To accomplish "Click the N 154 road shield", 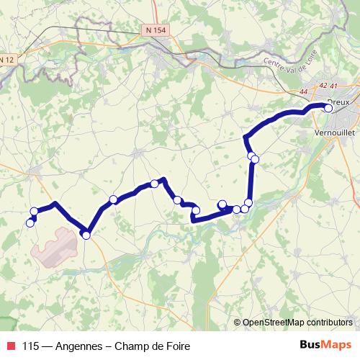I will point(154,30).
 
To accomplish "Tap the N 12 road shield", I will point(6,60).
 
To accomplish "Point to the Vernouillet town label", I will point(336,133).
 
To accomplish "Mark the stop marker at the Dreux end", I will point(328,108).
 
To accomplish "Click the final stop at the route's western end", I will point(30,222).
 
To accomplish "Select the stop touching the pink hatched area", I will point(86,235).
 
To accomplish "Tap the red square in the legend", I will point(11,346).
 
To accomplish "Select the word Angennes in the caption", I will point(80,346).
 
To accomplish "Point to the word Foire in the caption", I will point(176,346).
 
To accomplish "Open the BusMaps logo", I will point(325,346).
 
